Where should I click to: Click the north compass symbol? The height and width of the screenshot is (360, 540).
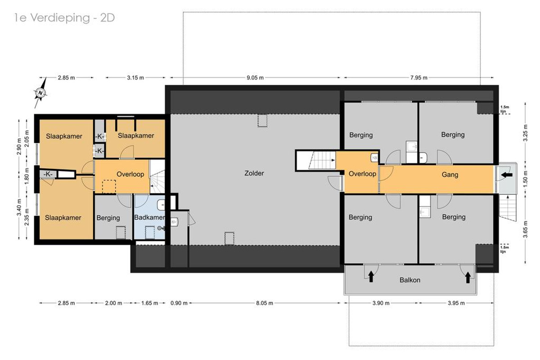40,93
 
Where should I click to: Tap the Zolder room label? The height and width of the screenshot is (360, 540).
254,173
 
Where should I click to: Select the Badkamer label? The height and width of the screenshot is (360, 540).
149,217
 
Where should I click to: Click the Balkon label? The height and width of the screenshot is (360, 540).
410,280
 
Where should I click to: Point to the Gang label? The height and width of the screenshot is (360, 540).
450,175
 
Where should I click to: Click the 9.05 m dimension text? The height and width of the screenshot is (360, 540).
255,78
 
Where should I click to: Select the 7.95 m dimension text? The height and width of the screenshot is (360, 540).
419,78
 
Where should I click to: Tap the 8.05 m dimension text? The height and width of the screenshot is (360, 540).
265,303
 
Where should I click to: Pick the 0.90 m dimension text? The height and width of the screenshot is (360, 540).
179,303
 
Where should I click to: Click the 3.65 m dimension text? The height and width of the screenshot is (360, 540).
525,229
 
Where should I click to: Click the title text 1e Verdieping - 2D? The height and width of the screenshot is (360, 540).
64,18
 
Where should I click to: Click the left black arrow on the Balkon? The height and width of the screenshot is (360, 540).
371,277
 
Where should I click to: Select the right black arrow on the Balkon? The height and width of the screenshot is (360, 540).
468,277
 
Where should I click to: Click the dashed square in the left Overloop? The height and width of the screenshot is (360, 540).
109,187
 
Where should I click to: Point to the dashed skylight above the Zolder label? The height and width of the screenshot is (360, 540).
262,121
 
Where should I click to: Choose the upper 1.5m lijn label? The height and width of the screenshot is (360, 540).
504,109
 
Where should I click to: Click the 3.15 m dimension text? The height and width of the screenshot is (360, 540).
135,78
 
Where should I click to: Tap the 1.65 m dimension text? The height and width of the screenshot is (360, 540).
149,303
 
